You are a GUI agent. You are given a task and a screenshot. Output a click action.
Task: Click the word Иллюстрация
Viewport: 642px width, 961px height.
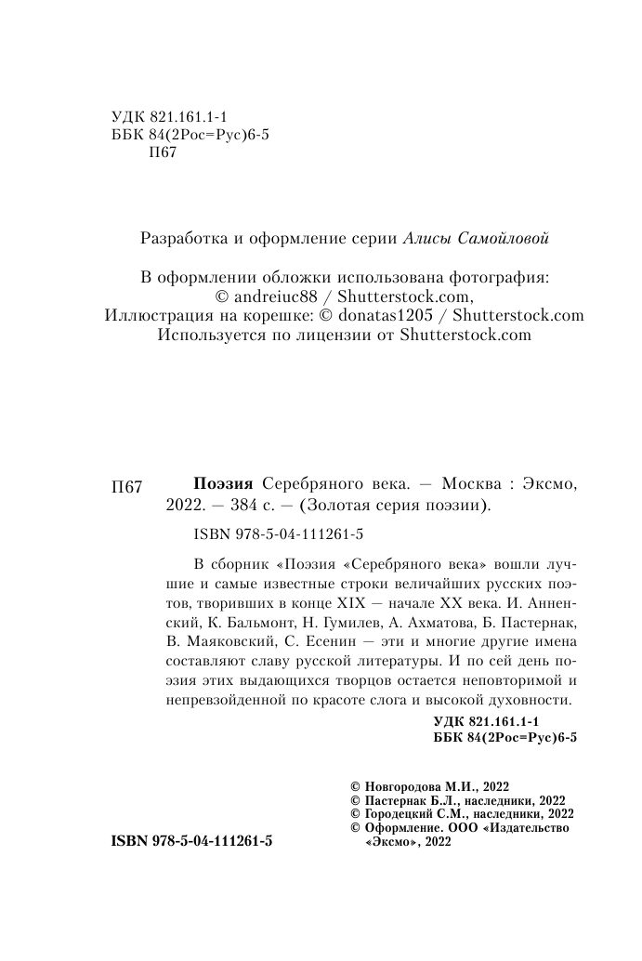click(155, 315)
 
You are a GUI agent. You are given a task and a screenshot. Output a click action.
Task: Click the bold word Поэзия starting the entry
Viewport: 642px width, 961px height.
click(222, 485)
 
